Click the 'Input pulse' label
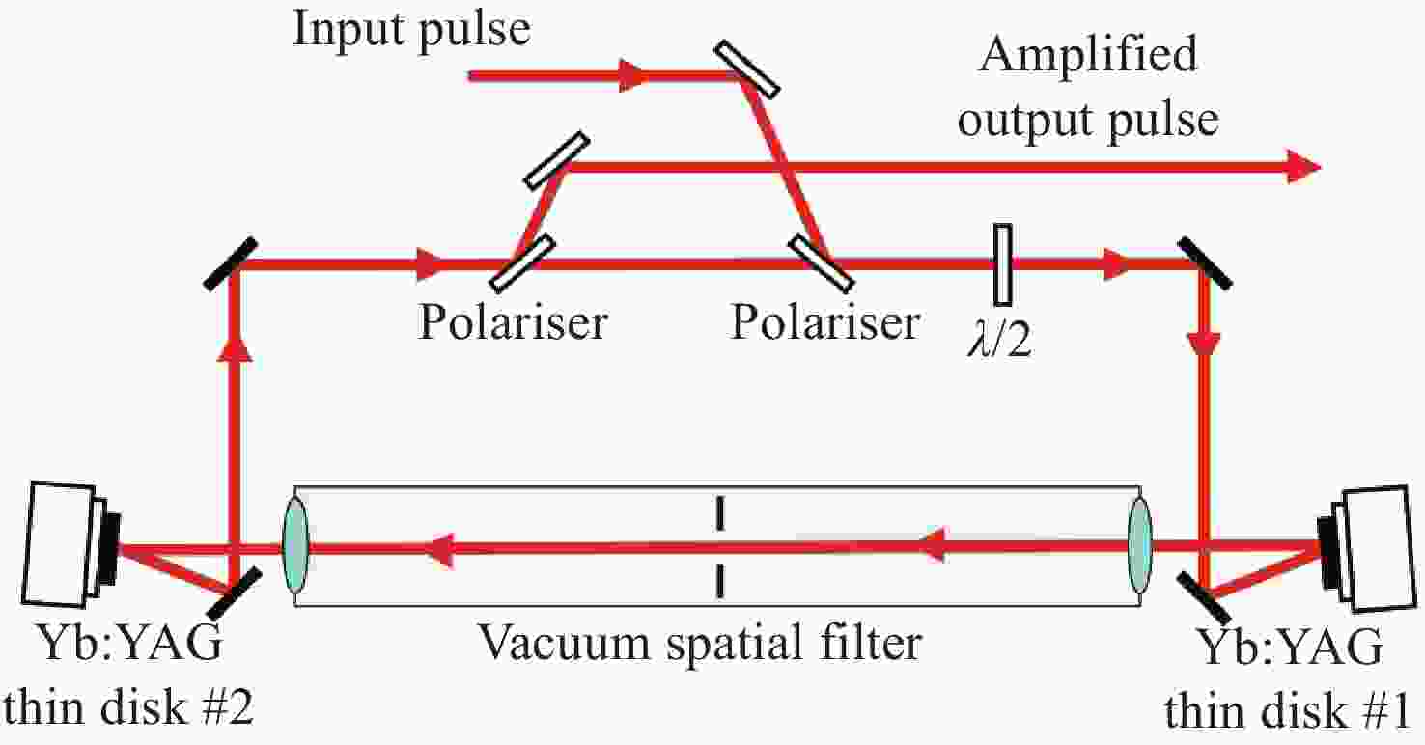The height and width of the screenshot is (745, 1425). click(x=412, y=30)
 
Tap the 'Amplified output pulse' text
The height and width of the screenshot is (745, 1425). click(x=1089, y=89)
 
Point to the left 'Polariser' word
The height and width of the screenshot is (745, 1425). click(x=512, y=321)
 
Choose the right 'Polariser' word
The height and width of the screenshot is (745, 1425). click(x=824, y=321)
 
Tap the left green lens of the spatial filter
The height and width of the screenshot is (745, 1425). click(x=294, y=549)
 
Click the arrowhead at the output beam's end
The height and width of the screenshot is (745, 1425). click(x=1303, y=168)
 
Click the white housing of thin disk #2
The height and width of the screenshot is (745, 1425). click(x=61, y=543)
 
